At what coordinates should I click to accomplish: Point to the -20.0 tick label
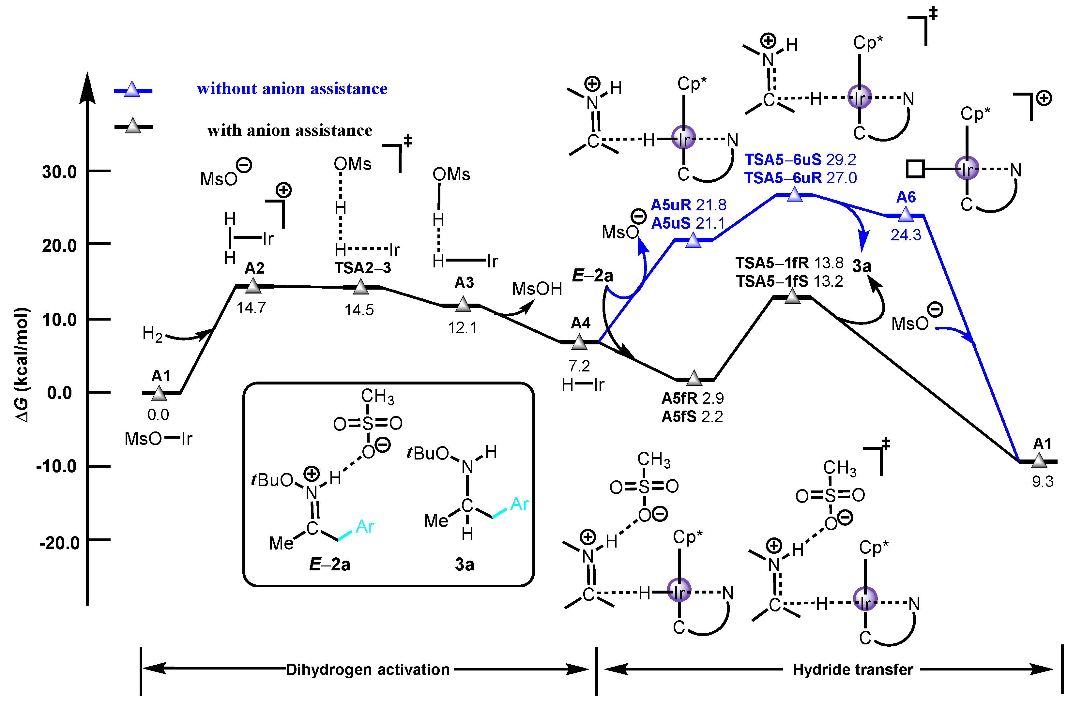click(59, 543)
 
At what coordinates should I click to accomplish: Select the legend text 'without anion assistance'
click(292, 88)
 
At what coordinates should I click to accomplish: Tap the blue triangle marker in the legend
click(132, 89)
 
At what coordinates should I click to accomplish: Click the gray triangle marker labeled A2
click(253, 286)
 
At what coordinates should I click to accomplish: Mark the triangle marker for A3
click(463, 304)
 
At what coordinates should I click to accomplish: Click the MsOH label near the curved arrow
click(537, 289)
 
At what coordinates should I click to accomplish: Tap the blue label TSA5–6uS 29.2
click(800, 160)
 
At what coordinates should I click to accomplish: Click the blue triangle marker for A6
click(905, 214)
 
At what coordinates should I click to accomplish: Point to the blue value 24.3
click(905, 235)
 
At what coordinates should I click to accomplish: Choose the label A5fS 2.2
click(692, 416)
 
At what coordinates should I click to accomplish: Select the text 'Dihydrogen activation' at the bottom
click(368, 669)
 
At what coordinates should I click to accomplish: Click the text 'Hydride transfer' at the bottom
click(853, 669)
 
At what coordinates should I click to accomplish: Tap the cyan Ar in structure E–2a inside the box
click(364, 526)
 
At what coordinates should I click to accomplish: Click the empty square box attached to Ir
click(915, 169)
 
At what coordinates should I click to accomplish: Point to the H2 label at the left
click(152, 334)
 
